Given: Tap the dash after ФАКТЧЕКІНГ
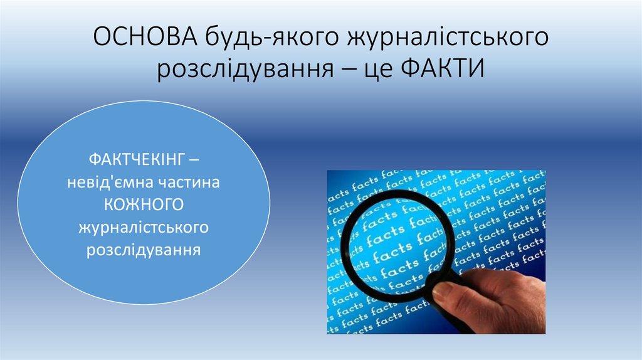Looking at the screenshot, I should [x=196, y=161].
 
